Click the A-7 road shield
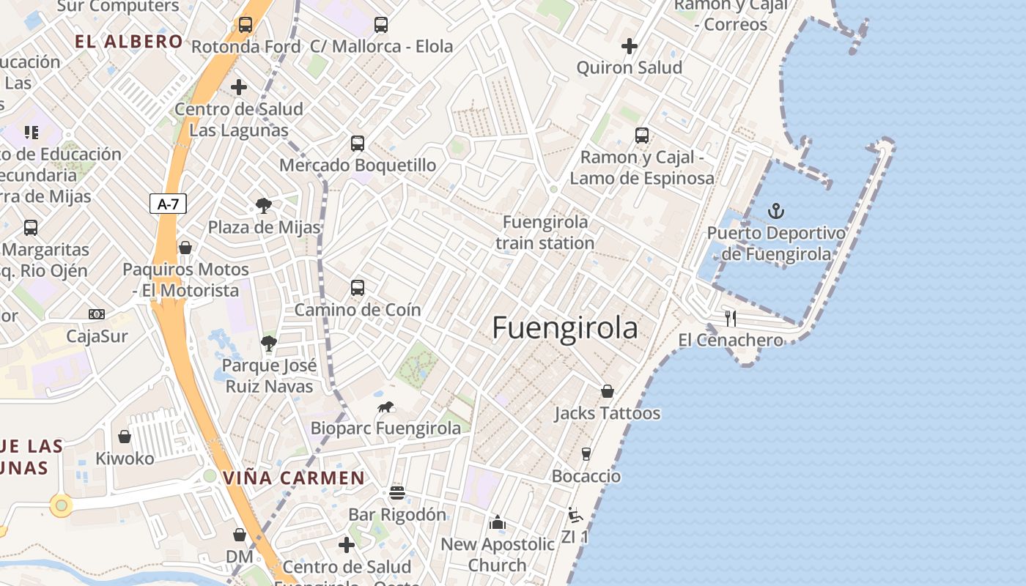tap(168, 204)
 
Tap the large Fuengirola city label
tap(564, 327)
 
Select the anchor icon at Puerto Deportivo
tap(775, 212)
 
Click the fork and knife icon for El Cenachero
tap(730, 318)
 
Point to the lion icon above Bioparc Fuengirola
tap(385, 407)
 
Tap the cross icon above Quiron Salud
tap(629, 46)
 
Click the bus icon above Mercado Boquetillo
tap(357, 144)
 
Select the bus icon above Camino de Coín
tap(357, 288)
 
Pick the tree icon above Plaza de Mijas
tap(263, 206)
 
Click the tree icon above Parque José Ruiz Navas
tap(268, 343)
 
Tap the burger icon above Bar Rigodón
tap(396, 493)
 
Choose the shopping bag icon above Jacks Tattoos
tap(607, 391)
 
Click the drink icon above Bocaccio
tap(586, 454)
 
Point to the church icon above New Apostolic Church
tap(498, 522)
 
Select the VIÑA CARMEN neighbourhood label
tap(293, 478)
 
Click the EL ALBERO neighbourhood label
tap(128, 41)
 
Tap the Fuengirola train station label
tap(545, 232)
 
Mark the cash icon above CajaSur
tap(96, 314)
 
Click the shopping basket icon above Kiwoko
tap(125, 437)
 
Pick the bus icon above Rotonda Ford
tap(245, 25)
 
